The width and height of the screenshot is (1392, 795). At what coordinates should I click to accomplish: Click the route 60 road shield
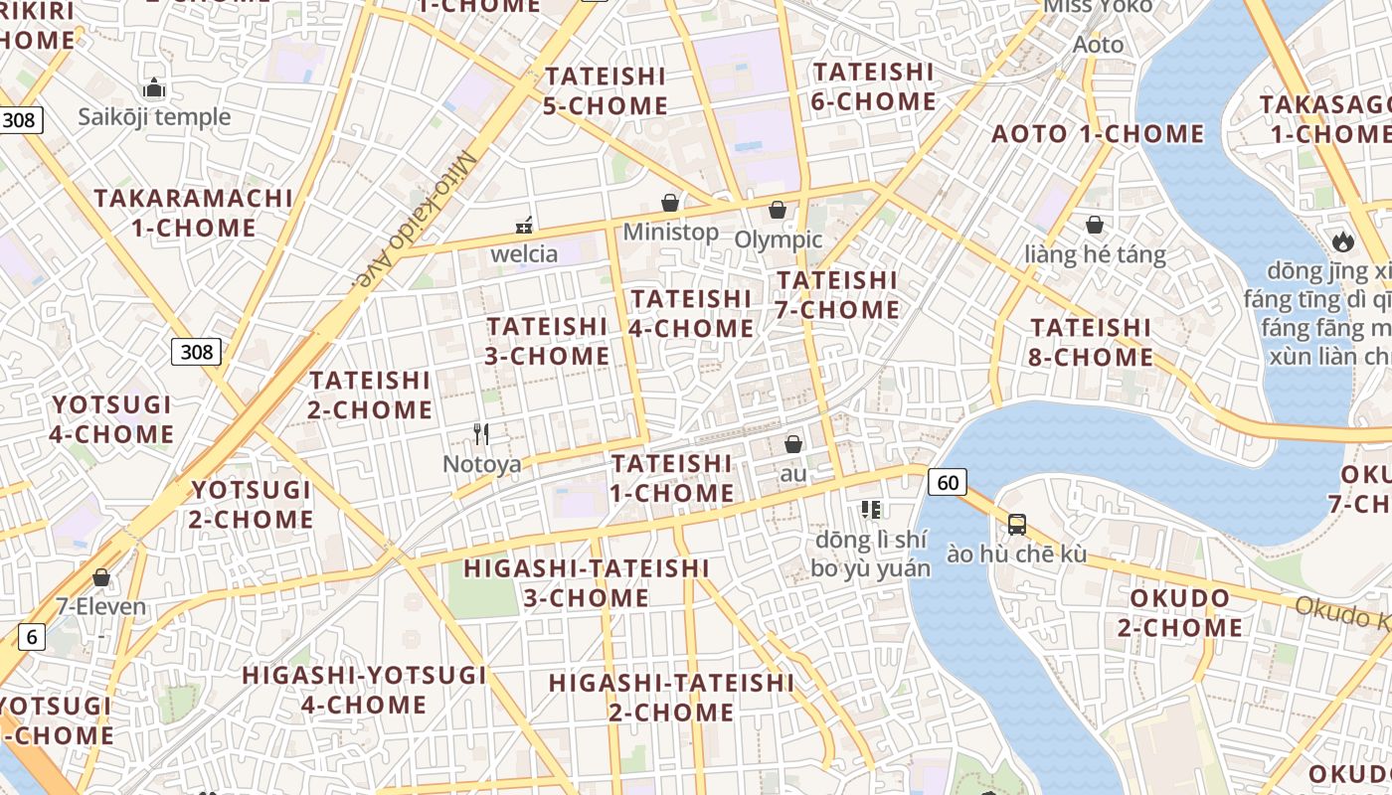[948, 483]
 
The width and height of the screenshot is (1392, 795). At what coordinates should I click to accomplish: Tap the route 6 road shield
[31, 637]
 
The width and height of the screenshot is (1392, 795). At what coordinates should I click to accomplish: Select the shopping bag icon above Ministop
[671, 203]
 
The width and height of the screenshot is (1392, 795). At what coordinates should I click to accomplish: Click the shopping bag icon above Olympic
[778, 210]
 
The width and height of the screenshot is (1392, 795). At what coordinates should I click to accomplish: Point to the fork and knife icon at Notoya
[481, 433]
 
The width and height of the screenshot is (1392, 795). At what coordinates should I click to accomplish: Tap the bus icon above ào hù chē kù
[1016, 524]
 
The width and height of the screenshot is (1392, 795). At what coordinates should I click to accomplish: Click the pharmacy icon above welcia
[524, 226]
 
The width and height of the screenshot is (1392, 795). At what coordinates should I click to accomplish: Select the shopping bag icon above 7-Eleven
[100, 576]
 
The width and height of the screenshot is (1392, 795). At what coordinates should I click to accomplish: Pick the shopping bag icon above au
[793, 444]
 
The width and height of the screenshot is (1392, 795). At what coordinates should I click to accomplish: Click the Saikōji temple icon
[154, 87]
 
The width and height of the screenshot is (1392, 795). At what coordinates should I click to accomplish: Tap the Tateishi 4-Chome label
[692, 313]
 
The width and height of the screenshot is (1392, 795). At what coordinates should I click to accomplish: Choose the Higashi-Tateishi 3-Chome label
[587, 583]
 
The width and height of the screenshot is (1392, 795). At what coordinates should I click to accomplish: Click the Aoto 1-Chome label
[1098, 133]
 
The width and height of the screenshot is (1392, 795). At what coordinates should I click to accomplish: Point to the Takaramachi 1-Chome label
[194, 213]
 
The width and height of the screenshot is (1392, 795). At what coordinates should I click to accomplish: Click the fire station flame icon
[1342, 240]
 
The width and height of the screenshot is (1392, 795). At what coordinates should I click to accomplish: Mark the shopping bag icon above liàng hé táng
[1095, 225]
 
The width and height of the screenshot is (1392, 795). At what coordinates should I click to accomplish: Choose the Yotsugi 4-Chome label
[111, 419]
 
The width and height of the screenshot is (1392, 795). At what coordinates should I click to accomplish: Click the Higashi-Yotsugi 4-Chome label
[364, 690]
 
